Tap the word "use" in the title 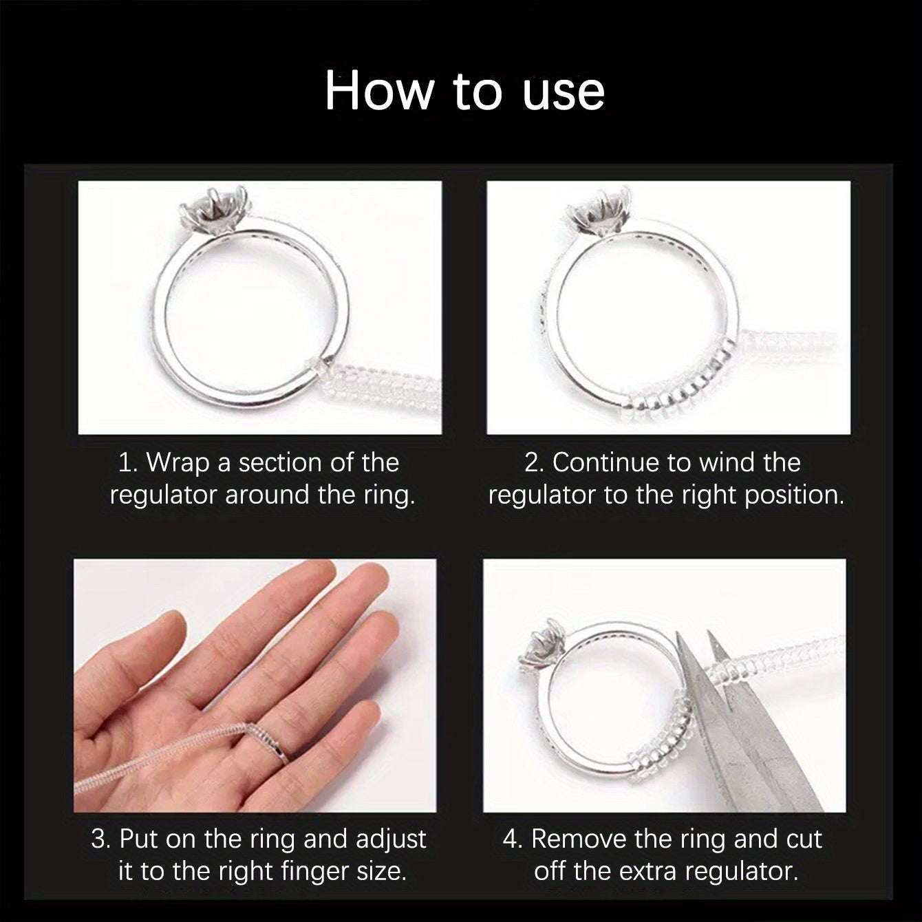coord(564,92)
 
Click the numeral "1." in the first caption coord(129,462)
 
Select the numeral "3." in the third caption coord(101,839)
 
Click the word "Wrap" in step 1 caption coord(178,462)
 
